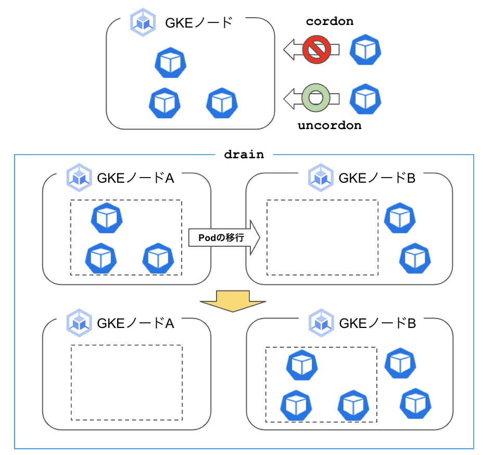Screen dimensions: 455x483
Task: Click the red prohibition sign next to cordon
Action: pos(317,50)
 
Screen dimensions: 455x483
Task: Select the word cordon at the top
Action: pos(329,21)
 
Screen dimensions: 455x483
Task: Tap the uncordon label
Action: pos(329,125)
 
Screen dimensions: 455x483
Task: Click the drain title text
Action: pos(244,155)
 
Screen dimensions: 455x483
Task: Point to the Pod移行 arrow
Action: pos(223,237)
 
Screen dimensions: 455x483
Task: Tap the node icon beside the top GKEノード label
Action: pos(142,23)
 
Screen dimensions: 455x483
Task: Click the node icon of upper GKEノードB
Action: pos(321,178)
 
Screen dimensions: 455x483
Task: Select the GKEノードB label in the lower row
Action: pos(377,323)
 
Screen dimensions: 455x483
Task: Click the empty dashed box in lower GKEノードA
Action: pos(126,382)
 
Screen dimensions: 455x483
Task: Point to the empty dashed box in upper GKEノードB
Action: pos(322,237)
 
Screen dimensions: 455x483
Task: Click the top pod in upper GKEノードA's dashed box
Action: pos(107,218)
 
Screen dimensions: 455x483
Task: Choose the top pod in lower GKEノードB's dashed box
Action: pos(302,365)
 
